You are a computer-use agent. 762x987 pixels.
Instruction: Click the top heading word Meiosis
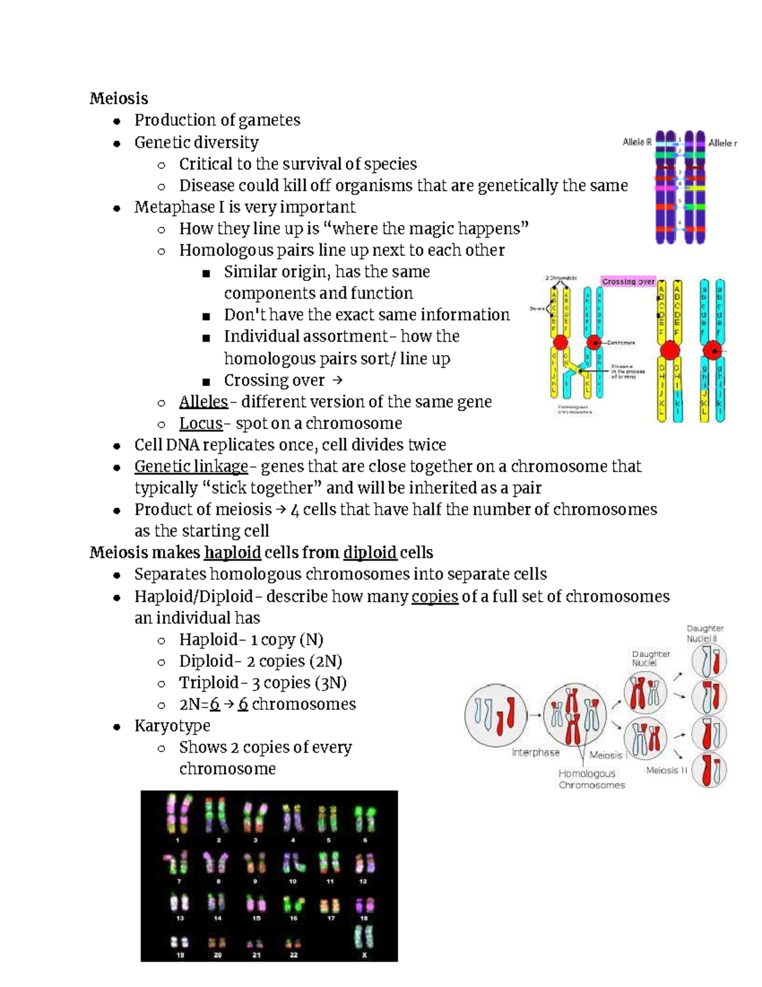tap(119, 99)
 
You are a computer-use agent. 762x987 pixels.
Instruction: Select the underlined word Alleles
tap(203, 402)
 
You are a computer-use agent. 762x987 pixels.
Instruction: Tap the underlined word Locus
tap(201, 423)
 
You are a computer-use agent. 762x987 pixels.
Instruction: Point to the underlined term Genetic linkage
tap(191, 466)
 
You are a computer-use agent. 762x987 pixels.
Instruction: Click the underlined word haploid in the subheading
tap(232, 552)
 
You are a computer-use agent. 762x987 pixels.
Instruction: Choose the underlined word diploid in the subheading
tap(370, 552)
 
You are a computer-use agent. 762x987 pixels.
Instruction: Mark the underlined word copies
tap(435, 597)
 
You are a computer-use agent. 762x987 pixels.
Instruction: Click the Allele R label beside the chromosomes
tap(637, 142)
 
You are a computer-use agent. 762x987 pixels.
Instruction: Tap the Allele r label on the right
tap(723, 143)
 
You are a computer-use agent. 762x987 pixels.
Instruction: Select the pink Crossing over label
tap(628, 282)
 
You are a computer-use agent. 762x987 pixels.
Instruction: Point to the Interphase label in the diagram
tap(535, 752)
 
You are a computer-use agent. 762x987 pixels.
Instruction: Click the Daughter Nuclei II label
tap(705, 634)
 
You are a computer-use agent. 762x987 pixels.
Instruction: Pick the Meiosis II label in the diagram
tap(667, 770)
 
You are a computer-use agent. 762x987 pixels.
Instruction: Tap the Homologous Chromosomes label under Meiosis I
tap(591, 779)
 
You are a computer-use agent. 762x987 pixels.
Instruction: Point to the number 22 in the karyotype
tap(293, 955)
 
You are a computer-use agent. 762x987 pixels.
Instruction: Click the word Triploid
tap(208, 683)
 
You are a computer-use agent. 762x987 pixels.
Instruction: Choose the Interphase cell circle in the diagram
tap(496, 716)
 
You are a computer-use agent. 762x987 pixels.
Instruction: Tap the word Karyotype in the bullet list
tap(172, 726)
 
